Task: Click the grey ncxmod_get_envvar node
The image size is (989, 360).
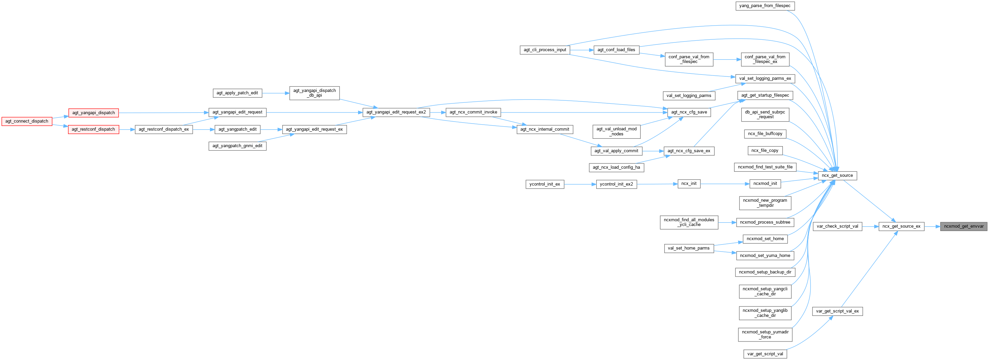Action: (x=964, y=226)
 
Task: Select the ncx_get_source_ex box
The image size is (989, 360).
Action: (x=901, y=226)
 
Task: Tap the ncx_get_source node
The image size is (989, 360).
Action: (x=837, y=175)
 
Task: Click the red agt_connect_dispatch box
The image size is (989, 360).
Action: (x=27, y=121)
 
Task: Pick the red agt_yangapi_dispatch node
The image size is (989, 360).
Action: (x=93, y=113)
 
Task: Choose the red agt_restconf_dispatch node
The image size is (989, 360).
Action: (x=93, y=129)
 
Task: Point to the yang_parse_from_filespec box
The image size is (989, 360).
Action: (x=764, y=6)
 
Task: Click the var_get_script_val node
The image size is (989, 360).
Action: (x=765, y=354)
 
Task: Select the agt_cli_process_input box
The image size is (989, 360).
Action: (x=545, y=50)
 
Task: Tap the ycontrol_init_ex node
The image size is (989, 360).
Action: (x=544, y=184)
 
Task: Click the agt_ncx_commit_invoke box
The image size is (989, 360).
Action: (x=473, y=112)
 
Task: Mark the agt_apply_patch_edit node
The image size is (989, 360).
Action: (x=237, y=93)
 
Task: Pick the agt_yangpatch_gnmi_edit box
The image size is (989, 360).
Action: (x=237, y=146)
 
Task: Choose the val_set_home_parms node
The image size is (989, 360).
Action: (x=689, y=248)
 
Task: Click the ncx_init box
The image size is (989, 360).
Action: (x=689, y=184)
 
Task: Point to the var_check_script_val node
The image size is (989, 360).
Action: (x=837, y=226)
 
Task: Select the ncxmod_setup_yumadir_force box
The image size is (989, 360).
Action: (x=765, y=334)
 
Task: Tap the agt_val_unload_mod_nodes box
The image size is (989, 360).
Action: (x=616, y=131)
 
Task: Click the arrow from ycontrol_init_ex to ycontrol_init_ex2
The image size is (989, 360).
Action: (x=580, y=184)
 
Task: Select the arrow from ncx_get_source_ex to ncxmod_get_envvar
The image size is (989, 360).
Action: (x=932, y=226)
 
